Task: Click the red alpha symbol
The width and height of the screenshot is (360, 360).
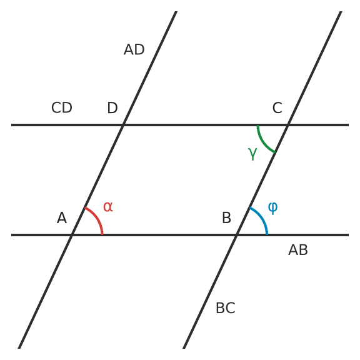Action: click(x=108, y=207)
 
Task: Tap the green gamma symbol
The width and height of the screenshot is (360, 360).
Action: click(x=252, y=154)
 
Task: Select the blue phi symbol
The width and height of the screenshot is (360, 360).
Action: click(x=272, y=208)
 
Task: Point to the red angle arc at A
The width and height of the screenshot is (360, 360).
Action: click(x=97, y=218)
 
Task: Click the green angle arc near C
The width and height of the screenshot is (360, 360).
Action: click(x=263, y=141)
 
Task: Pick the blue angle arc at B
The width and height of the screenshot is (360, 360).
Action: click(x=262, y=218)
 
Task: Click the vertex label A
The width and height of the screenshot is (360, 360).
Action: click(x=62, y=217)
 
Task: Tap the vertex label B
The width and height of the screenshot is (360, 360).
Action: click(x=227, y=217)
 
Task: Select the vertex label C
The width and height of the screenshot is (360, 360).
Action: click(x=277, y=107)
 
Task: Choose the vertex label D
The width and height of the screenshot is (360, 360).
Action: click(x=112, y=107)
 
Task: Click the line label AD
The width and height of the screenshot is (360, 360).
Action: click(x=134, y=49)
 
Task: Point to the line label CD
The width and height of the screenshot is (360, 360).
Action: click(x=62, y=107)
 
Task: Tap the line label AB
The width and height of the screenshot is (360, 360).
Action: click(x=298, y=250)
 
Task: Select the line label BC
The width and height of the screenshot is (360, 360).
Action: click(x=226, y=308)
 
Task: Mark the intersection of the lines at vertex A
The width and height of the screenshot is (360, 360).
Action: click(x=72, y=235)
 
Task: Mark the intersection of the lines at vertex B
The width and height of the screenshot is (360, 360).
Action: click(x=237, y=235)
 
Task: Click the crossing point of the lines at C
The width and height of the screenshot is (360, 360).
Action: click(x=288, y=125)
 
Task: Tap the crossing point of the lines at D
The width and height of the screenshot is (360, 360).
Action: click(x=123, y=125)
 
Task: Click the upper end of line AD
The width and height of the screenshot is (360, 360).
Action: click(x=176, y=11)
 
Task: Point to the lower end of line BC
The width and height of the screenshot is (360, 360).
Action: click(x=184, y=348)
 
